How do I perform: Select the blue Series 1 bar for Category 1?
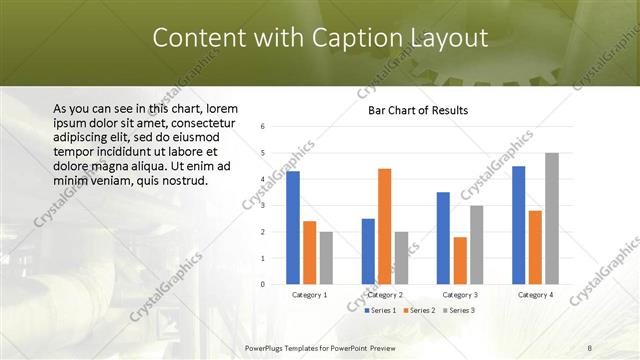pos(293,228)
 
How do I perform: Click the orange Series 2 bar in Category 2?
pos(384,226)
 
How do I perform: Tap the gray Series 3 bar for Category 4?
pos(551,218)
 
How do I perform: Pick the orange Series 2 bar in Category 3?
pos(460,260)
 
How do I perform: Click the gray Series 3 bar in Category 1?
pos(325,258)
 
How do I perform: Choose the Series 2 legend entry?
pos(419,311)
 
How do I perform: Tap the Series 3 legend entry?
pos(459,311)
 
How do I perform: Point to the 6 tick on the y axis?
pos(262,127)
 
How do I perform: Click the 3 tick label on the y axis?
pos(262,206)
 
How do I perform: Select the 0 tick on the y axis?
pos(262,284)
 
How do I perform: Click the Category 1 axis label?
pos(309,295)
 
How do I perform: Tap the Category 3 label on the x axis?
pos(460,295)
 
